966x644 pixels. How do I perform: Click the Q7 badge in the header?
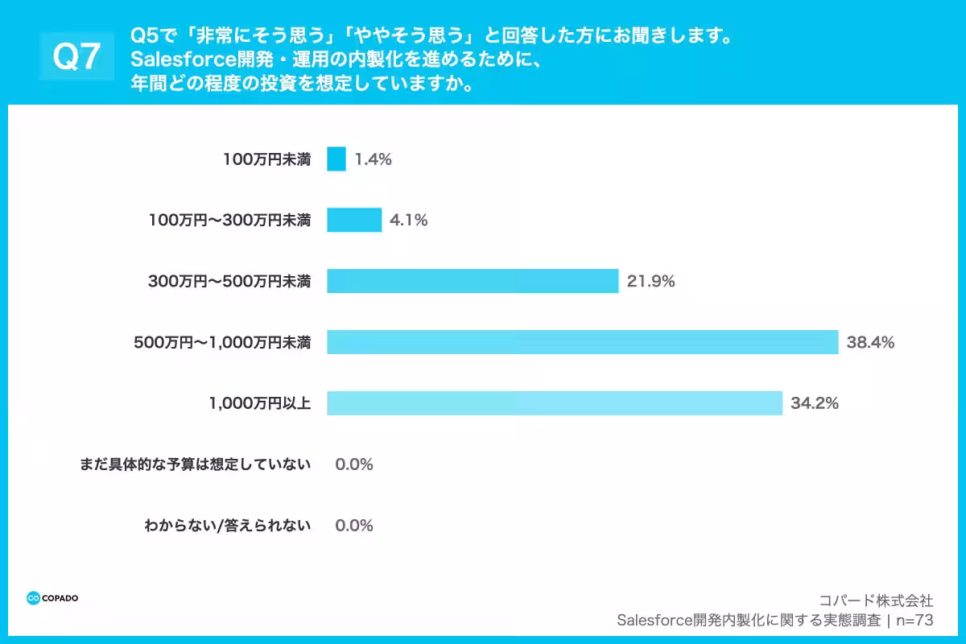click(76, 57)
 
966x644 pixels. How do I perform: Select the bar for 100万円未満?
click(336, 159)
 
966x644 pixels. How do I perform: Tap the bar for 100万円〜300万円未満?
click(354, 220)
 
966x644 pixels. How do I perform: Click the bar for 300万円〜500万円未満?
click(473, 281)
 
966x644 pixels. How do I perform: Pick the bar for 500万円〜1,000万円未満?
click(582, 342)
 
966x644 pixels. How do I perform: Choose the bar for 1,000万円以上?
click(555, 403)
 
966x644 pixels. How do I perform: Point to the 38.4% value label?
click(870, 342)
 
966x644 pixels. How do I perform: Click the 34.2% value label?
click(815, 403)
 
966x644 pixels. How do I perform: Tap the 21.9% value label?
click(650, 281)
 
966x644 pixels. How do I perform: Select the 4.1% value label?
click(408, 220)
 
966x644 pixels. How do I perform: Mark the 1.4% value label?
click(373, 159)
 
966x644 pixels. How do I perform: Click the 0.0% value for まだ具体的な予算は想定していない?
click(354, 464)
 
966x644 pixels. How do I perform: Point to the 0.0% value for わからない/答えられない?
click(354, 526)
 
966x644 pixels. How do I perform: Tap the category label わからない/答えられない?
click(228, 526)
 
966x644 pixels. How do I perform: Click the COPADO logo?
click(52, 598)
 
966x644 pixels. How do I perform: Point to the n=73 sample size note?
click(915, 620)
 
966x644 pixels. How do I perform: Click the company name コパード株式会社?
click(876, 600)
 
